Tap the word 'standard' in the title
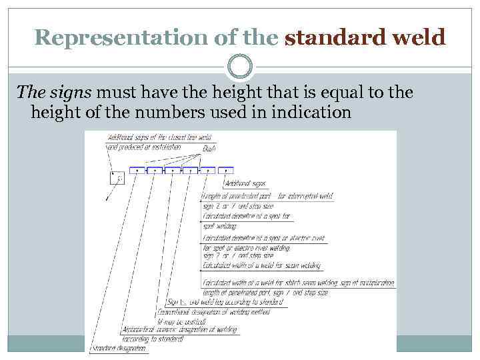326,37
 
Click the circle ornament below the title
240,67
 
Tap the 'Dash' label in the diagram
209,148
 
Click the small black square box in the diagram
117,177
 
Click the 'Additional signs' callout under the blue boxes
245,183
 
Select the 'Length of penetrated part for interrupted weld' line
267,196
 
